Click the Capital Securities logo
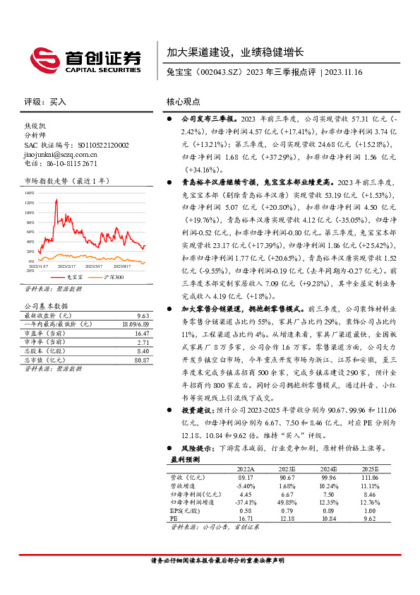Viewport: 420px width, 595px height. coord(84,58)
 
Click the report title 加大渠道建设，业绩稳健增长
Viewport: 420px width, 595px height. coord(235,52)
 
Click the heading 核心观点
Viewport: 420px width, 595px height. coord(184,101)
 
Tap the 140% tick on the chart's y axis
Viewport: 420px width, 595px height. coord(30,192)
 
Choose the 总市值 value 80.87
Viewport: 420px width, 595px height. coord(143,360)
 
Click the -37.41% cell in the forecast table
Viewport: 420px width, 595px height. coord(244,502)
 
